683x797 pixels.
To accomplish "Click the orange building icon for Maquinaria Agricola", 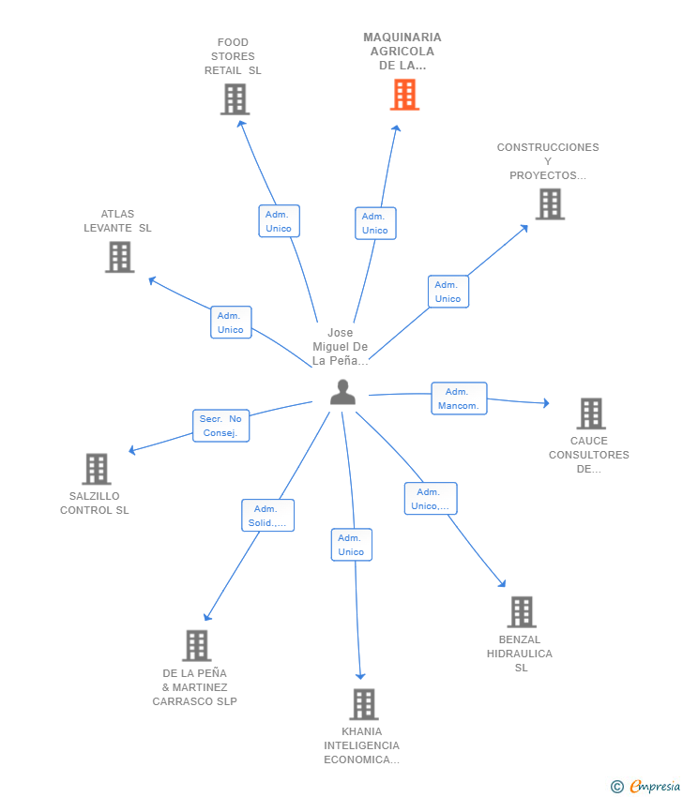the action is pos(404,95).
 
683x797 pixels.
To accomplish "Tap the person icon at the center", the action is pos(342,392).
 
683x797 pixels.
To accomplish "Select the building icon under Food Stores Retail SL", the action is pos(235,99).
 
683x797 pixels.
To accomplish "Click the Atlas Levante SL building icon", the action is pos(120,257).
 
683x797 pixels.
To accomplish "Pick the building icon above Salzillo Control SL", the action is pos(97,469).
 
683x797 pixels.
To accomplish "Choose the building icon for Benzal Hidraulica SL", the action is pos(522,612).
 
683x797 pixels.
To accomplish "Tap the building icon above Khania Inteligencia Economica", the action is pos(364,704).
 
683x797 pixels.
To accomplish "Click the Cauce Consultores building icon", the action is pos(591,414).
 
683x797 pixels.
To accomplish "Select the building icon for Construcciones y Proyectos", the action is pos(551,203).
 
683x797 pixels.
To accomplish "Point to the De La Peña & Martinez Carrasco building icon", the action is pos(197,645).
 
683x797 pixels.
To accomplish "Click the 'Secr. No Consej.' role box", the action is pos(221,426).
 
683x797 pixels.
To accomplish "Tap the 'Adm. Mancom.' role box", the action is pos(459,398).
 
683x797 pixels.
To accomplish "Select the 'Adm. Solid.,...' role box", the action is pos(268,516).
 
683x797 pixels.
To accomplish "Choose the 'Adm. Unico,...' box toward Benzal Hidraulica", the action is pos(431,499).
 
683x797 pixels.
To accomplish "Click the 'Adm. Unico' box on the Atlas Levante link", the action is pos(232,323).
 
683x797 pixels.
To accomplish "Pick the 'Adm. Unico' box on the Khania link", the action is pos(352,545).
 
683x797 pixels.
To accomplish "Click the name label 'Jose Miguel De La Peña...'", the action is pos(341,347).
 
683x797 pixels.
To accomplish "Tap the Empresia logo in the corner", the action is pos(645,787).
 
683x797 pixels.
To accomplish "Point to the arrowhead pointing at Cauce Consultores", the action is pos(546,403).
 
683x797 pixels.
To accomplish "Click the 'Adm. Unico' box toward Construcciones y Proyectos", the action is pos(448,292).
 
